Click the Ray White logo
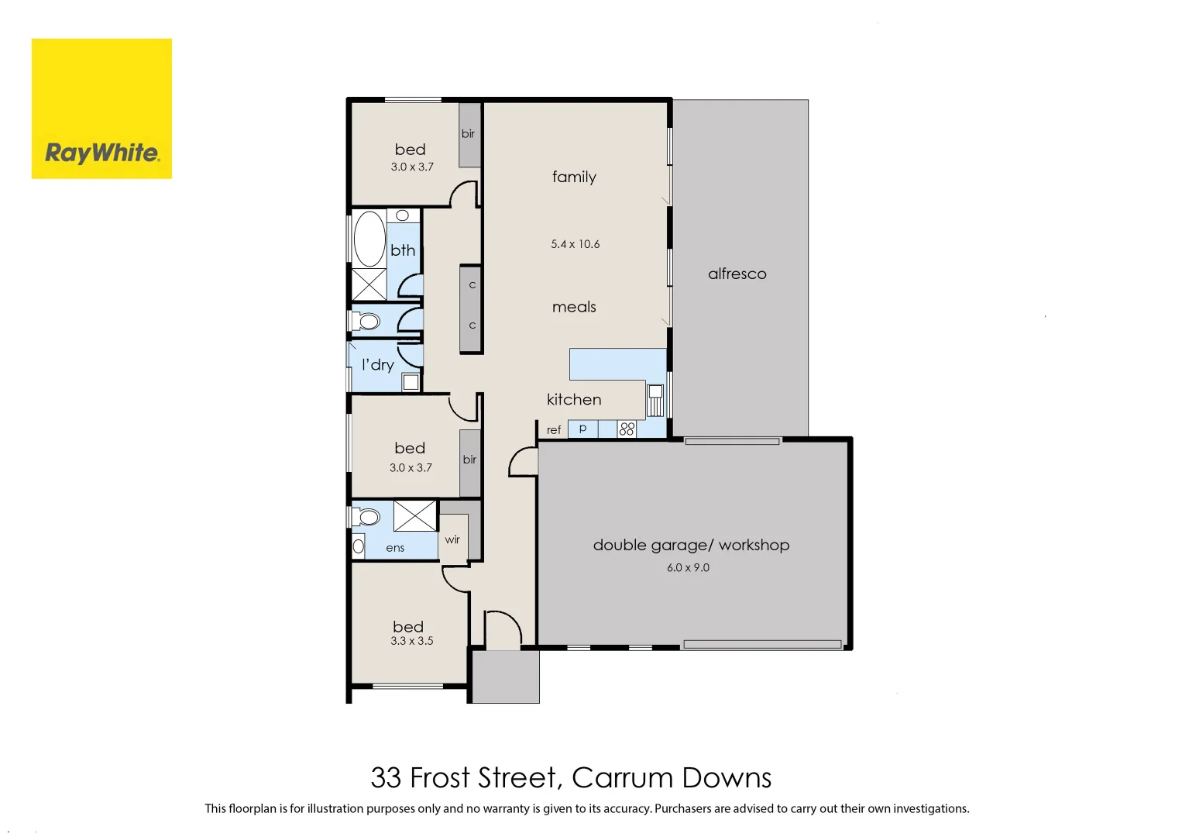pos(101,108)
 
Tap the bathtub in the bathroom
pos(369,239)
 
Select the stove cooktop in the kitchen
pos(627,429)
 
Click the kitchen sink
pos(655,401)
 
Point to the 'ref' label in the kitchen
pos(553,430)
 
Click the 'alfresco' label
pos(737,274)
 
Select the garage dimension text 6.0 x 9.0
pos(688,567)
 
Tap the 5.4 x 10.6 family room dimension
pos(575,244)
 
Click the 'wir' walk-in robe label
pos(452,539)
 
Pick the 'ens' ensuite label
pos(395,548)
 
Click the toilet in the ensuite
pos(367,516)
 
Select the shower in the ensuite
pos(414,516)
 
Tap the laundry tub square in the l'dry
pos(411,381)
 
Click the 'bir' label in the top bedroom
pos(468,134)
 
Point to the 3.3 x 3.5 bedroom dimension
pos(411,641)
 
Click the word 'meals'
pos(574,307)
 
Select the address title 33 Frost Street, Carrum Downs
pos(571,777)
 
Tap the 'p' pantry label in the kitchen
pos(582,428)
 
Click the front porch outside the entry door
pos(505,677)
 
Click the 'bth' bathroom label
pos(403,250)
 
